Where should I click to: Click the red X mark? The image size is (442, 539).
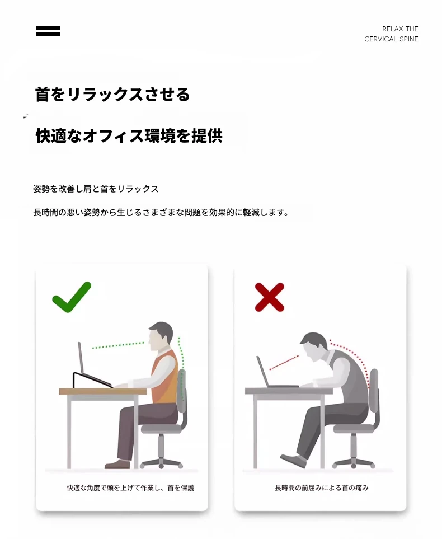(x=270, y=297)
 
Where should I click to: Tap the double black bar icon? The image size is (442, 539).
(x=48, y=31)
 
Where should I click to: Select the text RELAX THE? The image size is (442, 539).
(x=400, y=29)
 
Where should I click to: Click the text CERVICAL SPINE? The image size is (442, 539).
(x=391, y=39)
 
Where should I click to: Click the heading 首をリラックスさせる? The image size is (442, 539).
(x=112, y=94)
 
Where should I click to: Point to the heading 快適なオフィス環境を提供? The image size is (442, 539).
(x=129, y=135)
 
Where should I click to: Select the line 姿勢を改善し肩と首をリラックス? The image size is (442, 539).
(x=96, y=189)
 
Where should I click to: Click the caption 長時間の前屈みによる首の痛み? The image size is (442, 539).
(x=322, y=488)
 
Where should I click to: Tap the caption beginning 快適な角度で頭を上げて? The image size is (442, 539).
(x=130, y=488)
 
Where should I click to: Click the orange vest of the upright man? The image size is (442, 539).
(x=164, y=377)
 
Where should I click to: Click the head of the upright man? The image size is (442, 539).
(x=160, y=336)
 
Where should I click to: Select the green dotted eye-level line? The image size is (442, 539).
(x=118, y=345)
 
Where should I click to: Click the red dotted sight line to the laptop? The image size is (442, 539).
(x=284, y=363)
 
